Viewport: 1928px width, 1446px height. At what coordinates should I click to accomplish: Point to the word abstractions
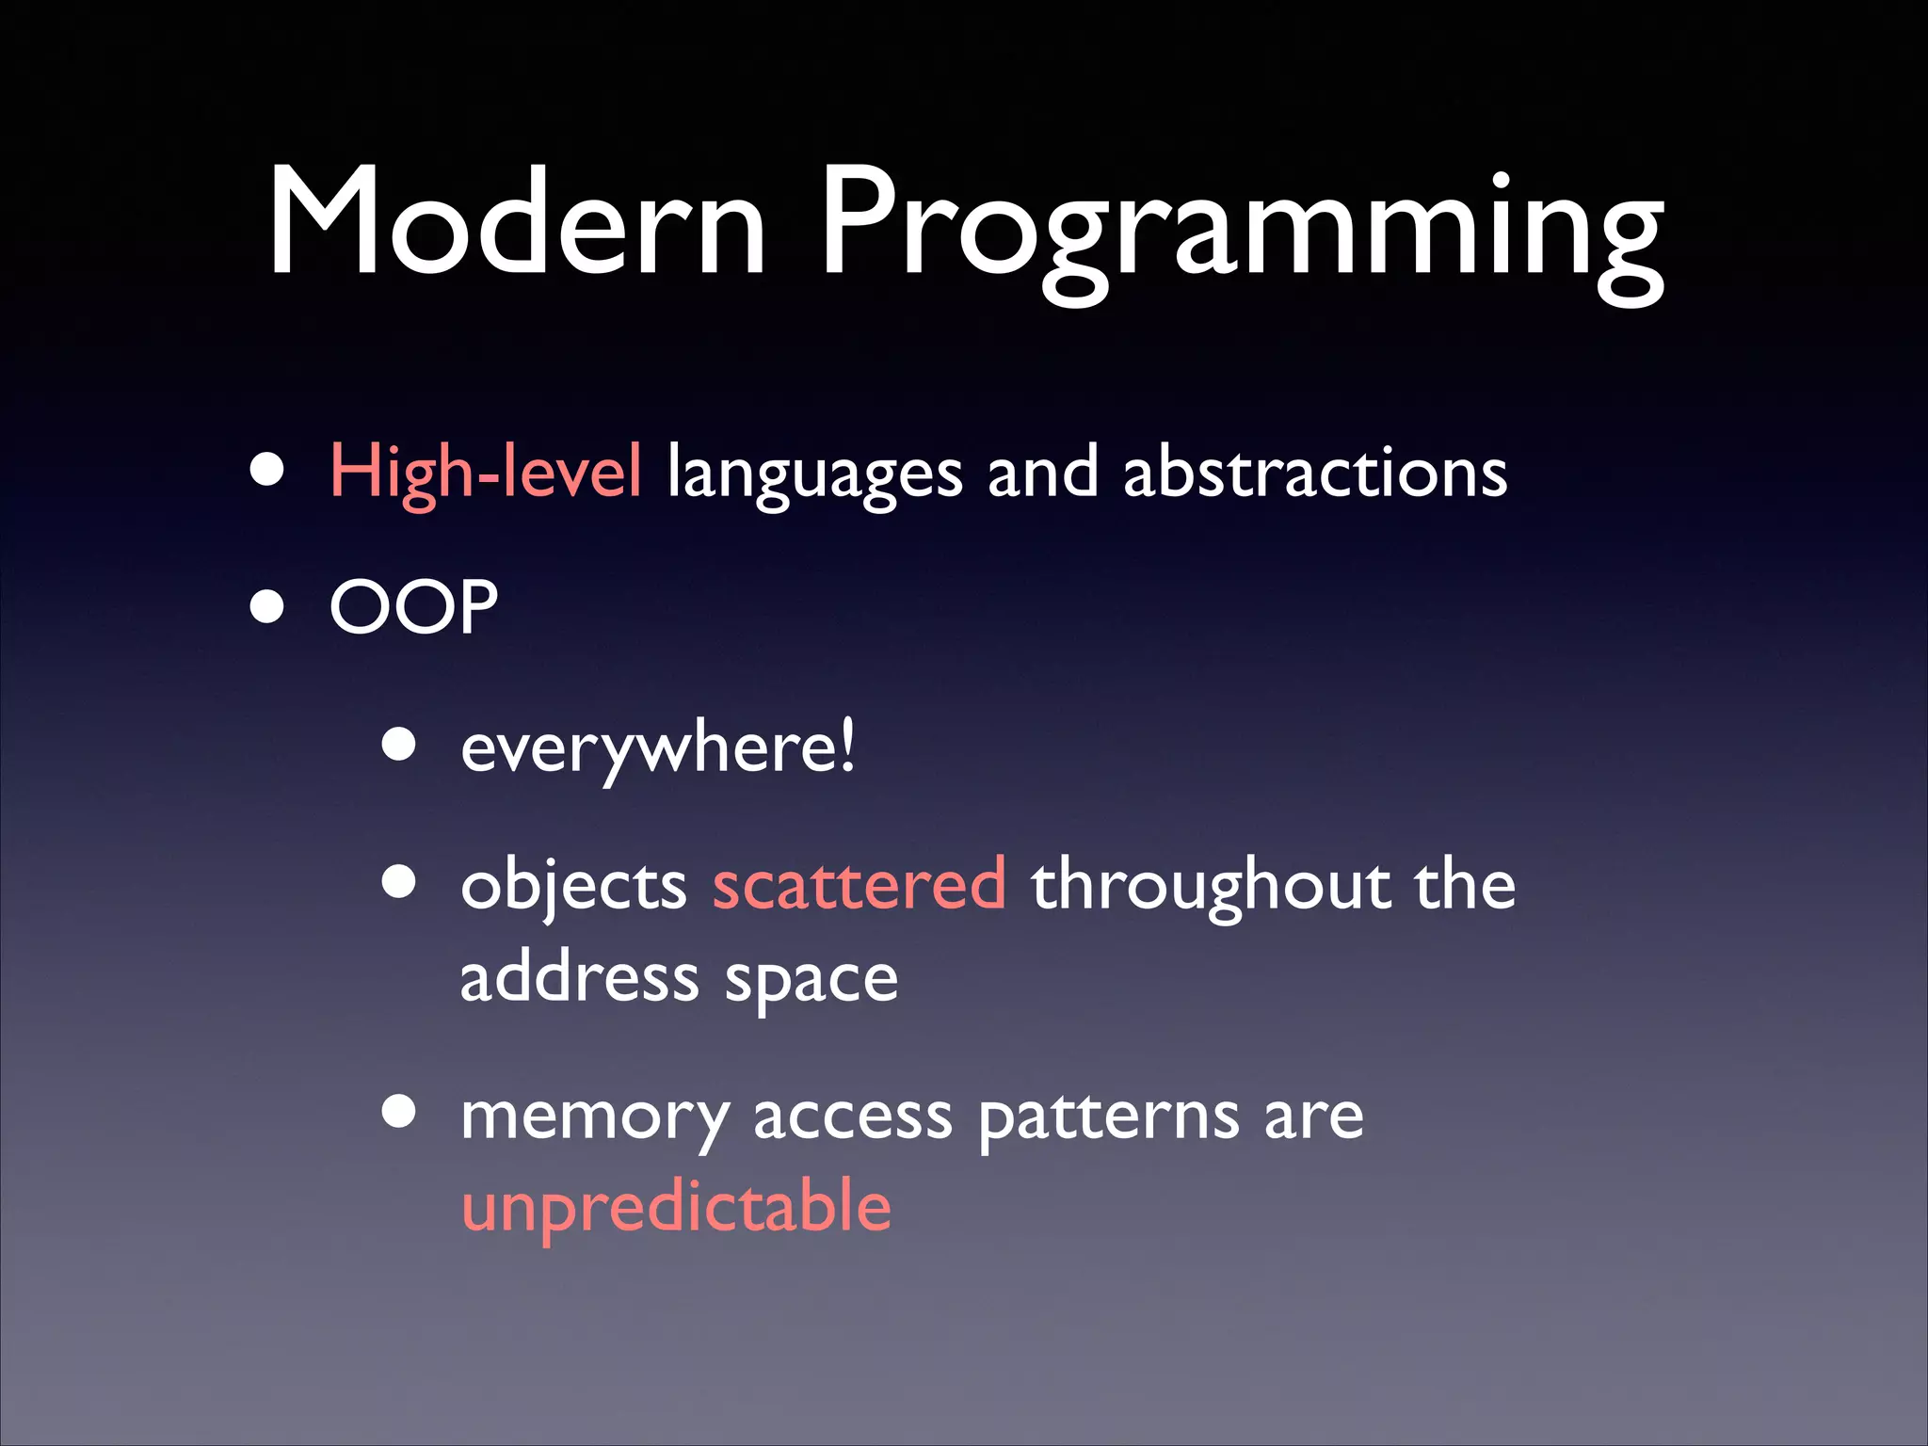[1315, 472]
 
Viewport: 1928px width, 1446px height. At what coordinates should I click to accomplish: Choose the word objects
[574, 887]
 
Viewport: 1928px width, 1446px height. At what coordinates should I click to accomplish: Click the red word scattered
[859, 885]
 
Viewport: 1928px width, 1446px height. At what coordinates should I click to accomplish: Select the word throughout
[1211, 887]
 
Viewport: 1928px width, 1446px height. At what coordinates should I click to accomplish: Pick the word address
[579, 978]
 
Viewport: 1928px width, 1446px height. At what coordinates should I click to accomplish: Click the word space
[811, 981]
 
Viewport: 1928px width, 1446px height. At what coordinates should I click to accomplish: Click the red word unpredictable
[676, 1208]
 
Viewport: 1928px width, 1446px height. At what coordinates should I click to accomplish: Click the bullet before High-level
[267, 470]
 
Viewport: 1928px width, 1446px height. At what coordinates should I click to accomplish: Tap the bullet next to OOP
[267, 607]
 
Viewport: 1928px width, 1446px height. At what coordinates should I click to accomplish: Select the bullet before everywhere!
[399, 745]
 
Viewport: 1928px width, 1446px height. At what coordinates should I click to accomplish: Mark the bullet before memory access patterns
[399, 1111]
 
